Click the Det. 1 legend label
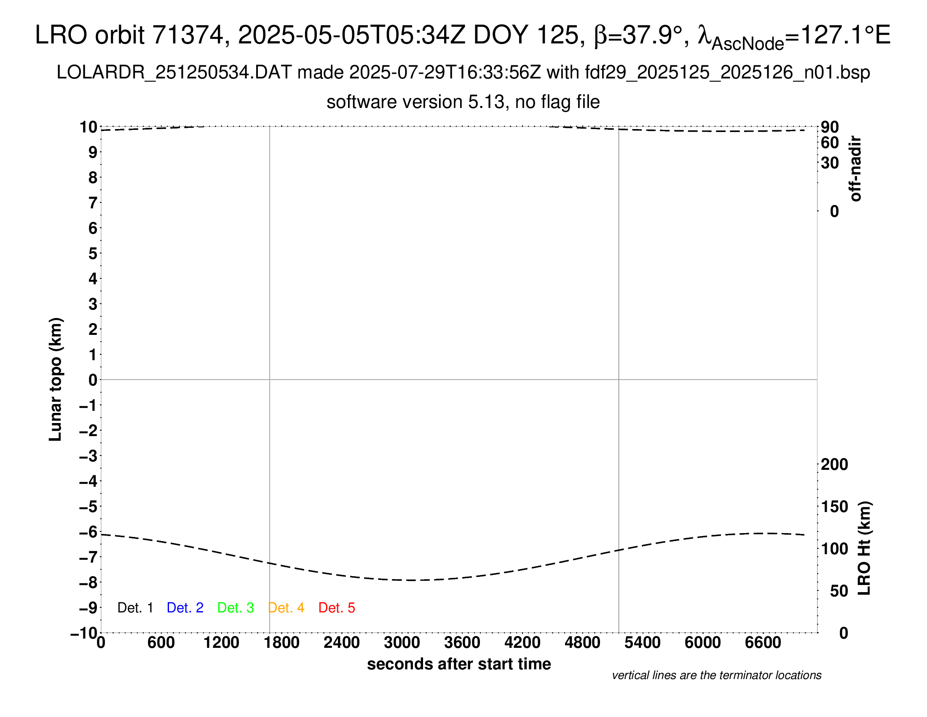click(135, 608)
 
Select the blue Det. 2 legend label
click(185, 608)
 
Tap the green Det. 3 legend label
click(236, 608)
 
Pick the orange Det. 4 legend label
click(286, 608)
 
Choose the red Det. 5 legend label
click(337, 608)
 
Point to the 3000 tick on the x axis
click(402, 642)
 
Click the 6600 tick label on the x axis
click(763, 642)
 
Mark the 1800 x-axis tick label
click(281, 642)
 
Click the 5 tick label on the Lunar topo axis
click(93, 253)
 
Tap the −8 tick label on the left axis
click(88, 582)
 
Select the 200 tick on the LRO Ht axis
click(834, 464)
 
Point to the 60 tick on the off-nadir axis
click(830, 143)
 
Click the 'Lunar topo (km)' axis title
click(56, 379)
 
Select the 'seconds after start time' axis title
click(459, 664)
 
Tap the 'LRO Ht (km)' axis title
click(864, 548)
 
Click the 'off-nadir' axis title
click(855, 169)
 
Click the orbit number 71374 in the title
click(188, 35)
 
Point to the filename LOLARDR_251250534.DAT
click(174, 73)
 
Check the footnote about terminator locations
click(716, 675)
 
